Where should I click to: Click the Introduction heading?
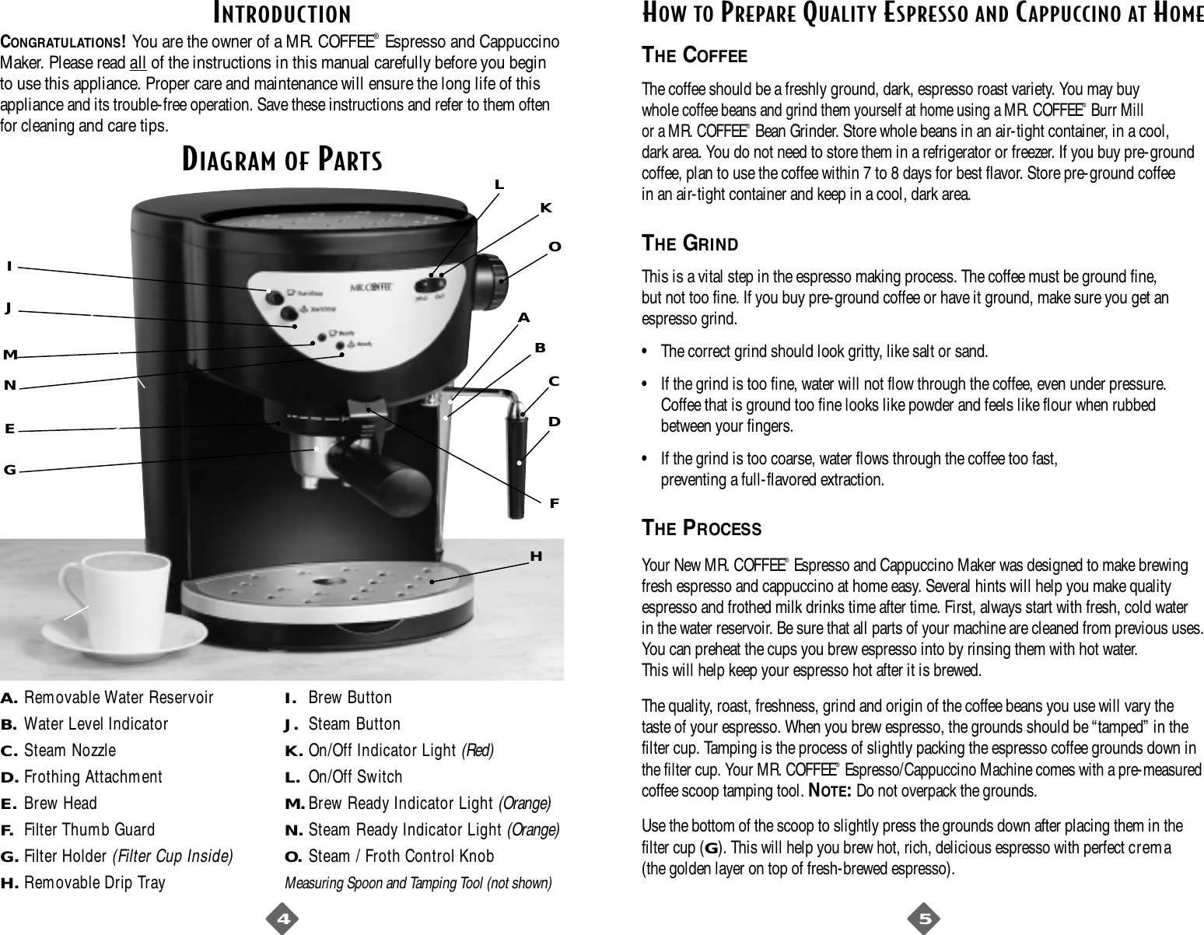click(282, 13)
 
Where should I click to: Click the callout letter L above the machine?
click(499, 185)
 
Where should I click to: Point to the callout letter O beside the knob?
click(555, 247)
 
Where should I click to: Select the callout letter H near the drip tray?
click(535, 556)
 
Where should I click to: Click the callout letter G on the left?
click(10, 471)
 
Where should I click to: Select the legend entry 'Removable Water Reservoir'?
click(118, 698)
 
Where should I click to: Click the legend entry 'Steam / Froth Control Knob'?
click(401, 856)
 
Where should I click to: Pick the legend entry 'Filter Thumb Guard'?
click(89, 830)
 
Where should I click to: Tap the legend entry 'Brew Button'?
click(350, 698)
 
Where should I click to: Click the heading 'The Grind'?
click(689, 243)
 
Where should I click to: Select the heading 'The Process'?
click(701, 528)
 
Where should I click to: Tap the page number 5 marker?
click(925, 919)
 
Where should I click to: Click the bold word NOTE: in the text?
click(828, 792)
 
